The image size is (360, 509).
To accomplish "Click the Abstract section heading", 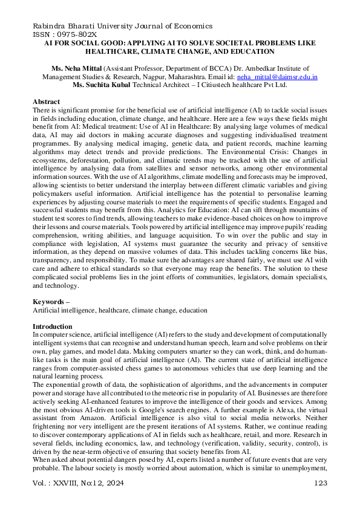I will (x=46, y=101).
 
